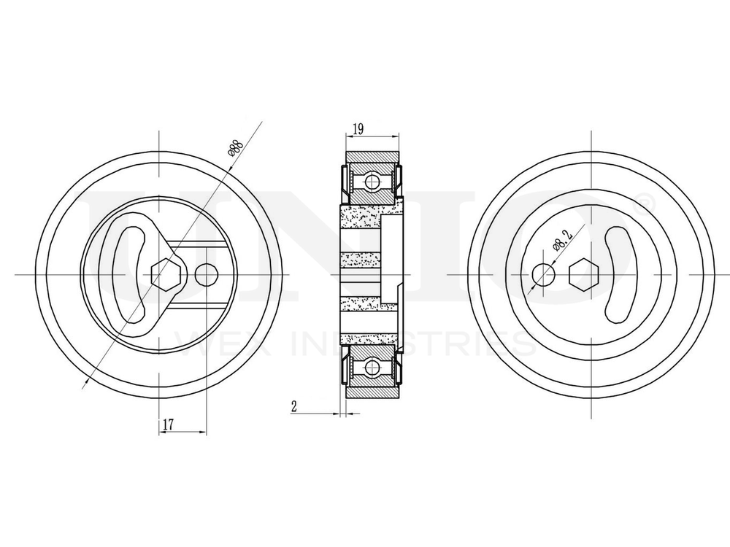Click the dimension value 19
[x=358, y=129]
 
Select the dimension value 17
[x=169, y=423]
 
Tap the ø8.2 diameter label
[x=562, y=238]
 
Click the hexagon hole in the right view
[x=583, y=274]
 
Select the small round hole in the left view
[x=207, y=274]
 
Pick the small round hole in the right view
[x=543, y=274]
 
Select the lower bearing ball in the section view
[x=372, y=367]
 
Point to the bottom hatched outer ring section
[x=372, y=392]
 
